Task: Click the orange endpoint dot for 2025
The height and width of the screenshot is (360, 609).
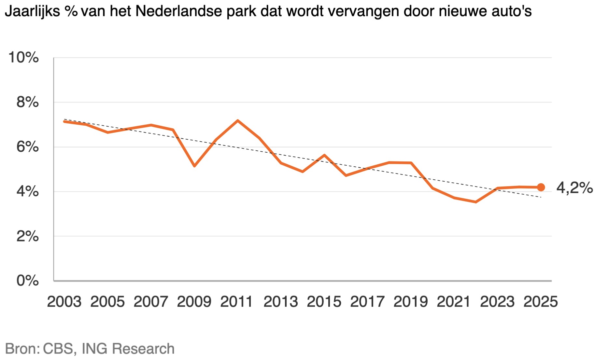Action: coord(541,187)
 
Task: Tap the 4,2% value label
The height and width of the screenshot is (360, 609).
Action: coord(574,188)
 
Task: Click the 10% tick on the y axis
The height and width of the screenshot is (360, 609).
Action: coord(23,58)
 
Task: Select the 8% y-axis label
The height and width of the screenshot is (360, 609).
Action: coord(27,102)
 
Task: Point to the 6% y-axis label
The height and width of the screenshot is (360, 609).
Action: coord(27,147)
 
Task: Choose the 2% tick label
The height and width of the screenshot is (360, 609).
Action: coord(27,236)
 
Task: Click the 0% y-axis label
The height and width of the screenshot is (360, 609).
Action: coord(27,281)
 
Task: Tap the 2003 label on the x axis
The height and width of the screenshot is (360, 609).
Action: coord(64,302)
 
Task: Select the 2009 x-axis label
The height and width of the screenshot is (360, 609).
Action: coord(194,302)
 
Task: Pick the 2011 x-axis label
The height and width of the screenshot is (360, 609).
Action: coord(237,302)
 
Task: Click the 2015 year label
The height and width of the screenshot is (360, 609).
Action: coord(324,302)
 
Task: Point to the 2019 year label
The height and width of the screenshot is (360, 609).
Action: coord(411,302)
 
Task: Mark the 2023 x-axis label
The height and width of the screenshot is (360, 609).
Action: coord(497,302)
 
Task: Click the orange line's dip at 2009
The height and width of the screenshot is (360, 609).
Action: coord(194,166)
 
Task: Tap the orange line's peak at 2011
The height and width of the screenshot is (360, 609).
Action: coord(238,121)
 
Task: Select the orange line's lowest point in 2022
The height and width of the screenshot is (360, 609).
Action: coord(476,202)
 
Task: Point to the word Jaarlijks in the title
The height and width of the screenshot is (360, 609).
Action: coord(33,12)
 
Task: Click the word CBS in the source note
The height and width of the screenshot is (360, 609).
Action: coord(59,349)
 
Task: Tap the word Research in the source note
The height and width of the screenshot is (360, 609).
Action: coord(143,349)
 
